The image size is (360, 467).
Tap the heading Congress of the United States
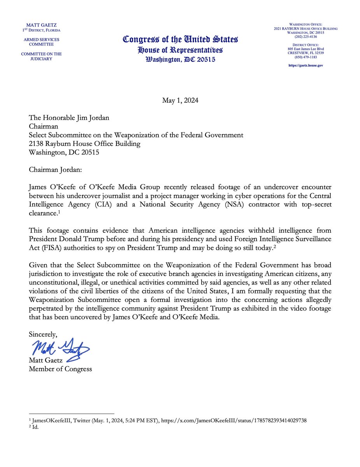pos(180,39)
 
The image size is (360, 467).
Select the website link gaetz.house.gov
pos(306,65)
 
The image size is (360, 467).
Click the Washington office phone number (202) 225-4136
pos(306,37)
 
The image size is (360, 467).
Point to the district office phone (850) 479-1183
pos(306,57)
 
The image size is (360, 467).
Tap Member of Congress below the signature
pos(60,369)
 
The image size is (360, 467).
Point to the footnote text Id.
pos(35,427)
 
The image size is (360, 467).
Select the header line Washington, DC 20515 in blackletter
pos(180,60)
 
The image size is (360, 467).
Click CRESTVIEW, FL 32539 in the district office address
pos(306,53)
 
